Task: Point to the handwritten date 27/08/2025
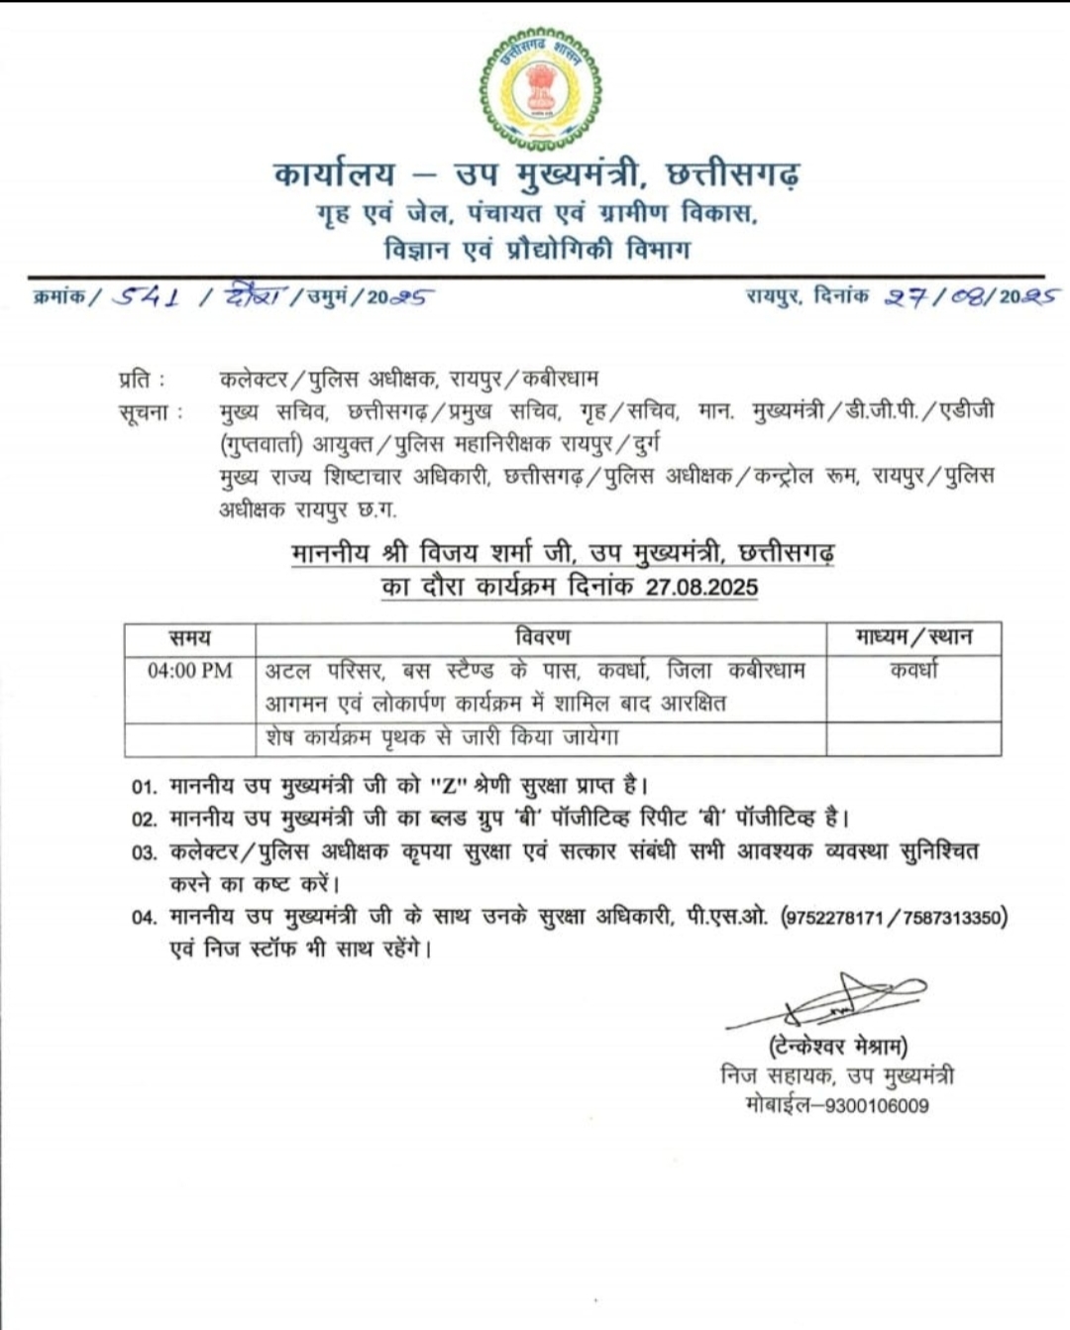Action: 971,296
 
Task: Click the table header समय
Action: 189,637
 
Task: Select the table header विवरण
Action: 542,637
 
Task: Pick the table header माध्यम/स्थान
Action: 913,637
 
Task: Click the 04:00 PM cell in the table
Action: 189,671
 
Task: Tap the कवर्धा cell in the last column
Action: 913,671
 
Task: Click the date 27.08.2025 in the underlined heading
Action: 701,586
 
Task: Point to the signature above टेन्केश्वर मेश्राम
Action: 832,1001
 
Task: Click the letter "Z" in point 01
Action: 448,787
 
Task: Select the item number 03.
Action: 144,852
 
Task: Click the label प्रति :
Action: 141,379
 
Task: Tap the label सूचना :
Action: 150,411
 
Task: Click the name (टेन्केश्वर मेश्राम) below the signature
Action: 837,1047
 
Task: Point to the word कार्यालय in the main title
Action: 335,174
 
